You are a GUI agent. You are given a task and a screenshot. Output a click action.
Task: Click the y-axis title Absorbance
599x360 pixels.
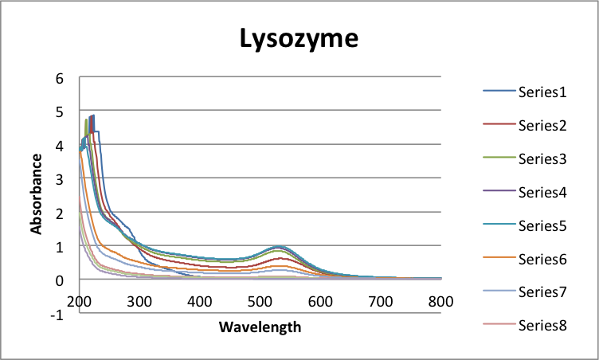point(37,194)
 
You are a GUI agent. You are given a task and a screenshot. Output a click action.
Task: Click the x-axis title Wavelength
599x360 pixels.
point(260,327)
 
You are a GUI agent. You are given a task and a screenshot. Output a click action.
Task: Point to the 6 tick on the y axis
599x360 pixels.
point(59,78)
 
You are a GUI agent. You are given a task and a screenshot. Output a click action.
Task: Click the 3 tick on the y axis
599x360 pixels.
point(59,179)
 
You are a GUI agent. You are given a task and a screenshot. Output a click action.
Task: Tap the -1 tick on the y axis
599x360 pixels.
point(56,314)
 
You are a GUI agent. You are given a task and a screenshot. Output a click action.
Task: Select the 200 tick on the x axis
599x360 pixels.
point(80,302)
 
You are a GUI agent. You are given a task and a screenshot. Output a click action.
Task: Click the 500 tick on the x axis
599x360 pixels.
point(260,302)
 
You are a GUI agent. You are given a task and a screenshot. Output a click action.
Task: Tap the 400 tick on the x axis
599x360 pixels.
point(200,302)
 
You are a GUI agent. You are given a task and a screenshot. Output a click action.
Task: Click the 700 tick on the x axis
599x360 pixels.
point(380,302)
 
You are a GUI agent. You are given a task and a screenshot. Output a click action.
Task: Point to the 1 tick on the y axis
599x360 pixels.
point(59,247)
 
